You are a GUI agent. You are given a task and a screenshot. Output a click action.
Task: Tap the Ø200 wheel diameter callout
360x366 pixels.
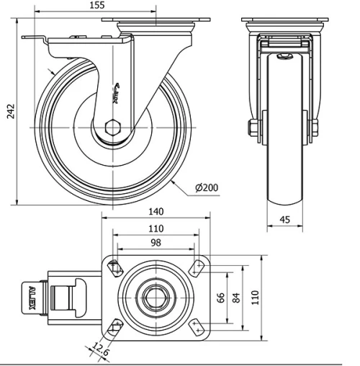click(x=207, y=188)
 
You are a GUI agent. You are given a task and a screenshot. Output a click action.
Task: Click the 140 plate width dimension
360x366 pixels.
click(x=156, y=212)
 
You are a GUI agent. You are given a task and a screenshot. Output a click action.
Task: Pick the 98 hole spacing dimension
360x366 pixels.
click(x=156, y=244)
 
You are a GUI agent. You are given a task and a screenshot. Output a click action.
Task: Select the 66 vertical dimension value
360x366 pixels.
click(x=222, y=297)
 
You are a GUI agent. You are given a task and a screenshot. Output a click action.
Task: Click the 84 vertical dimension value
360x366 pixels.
click(x=237, y=297)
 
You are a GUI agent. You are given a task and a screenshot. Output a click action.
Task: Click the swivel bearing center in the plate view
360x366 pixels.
click(x=155, y=297)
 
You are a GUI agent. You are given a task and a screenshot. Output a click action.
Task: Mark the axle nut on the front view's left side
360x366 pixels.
click(x=253, y=129)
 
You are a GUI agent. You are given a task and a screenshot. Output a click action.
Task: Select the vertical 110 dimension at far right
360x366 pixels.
click(x=254, y=297)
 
